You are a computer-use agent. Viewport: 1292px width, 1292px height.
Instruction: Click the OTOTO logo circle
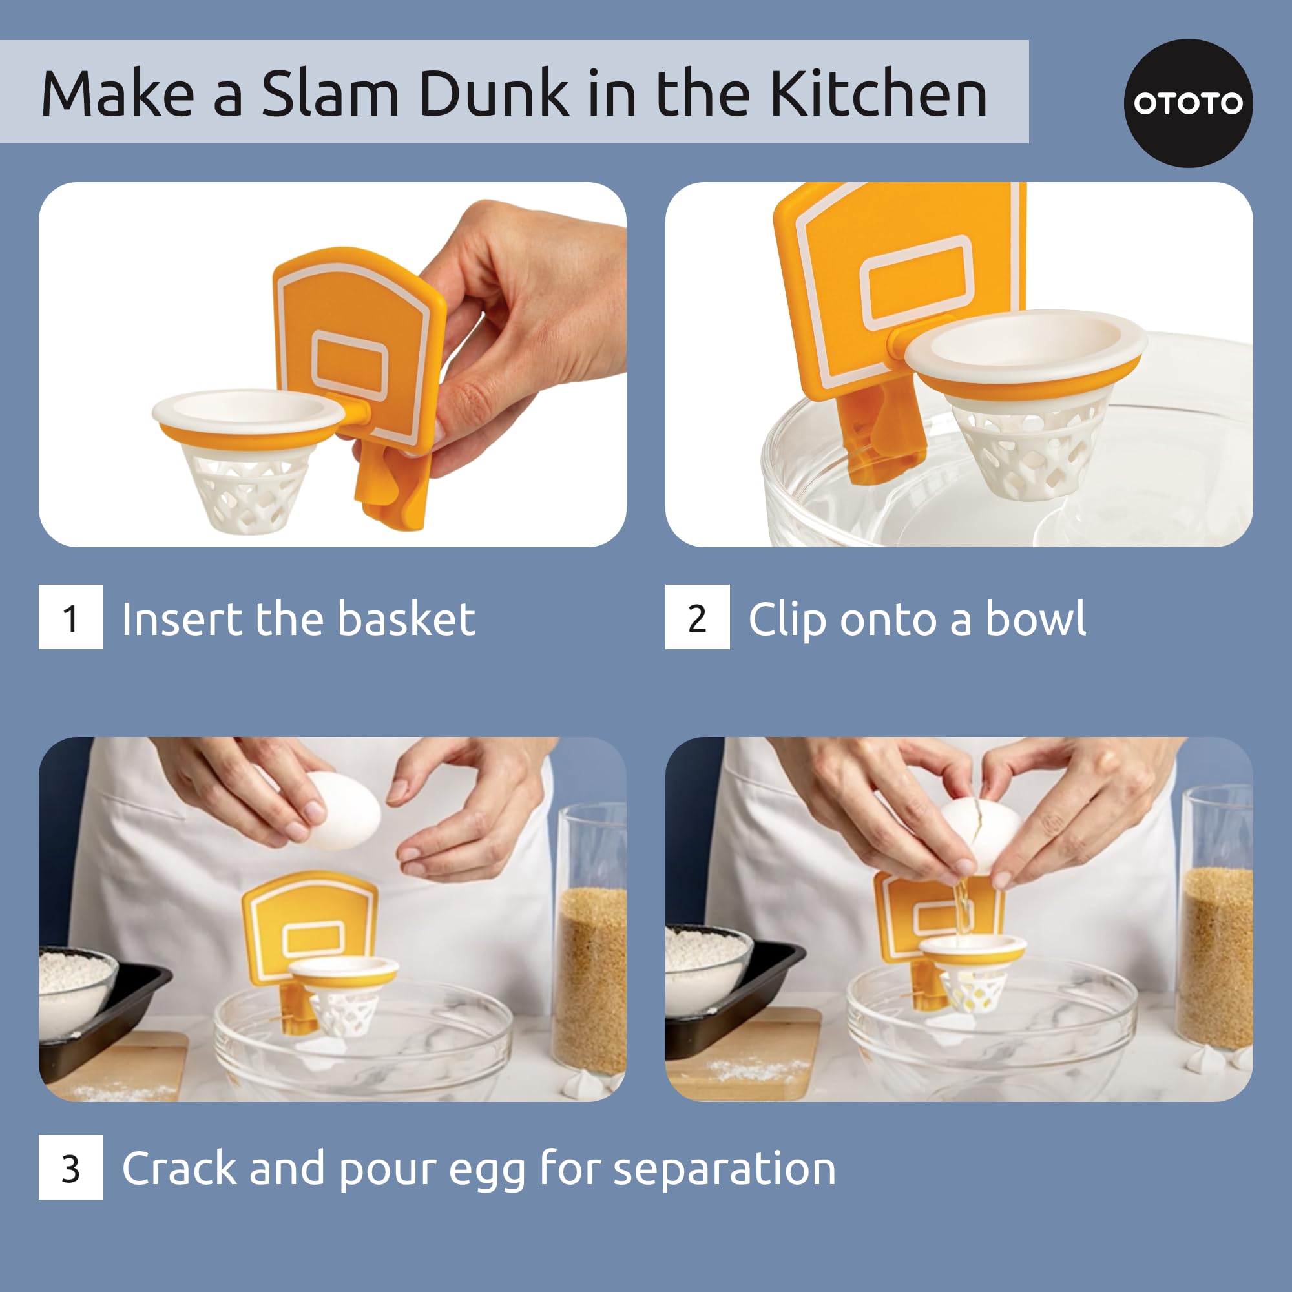coord(1188,103)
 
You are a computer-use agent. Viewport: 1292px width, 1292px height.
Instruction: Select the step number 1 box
coord(71,617)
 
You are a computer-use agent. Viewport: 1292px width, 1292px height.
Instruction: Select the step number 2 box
coord(697,617)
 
